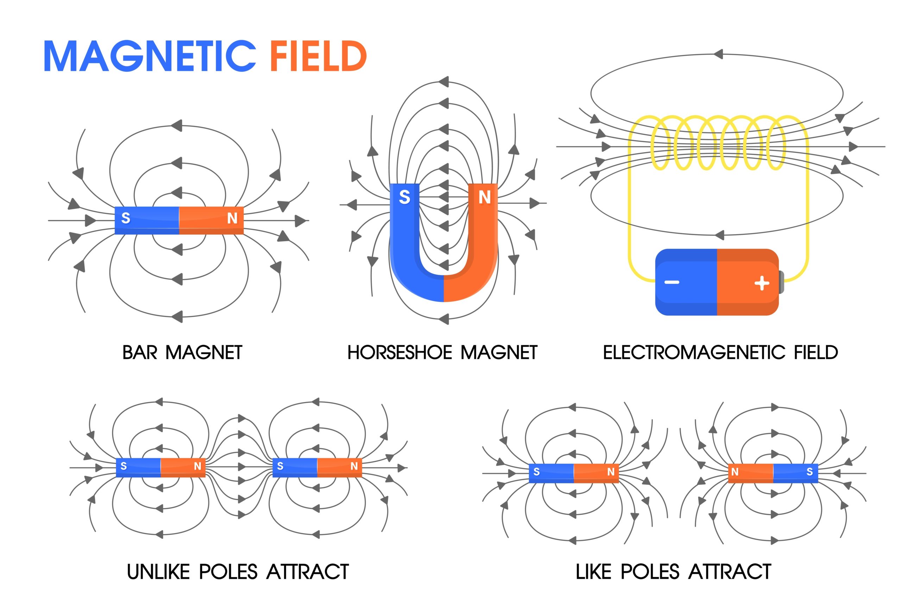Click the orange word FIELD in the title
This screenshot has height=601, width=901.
pos(318,56)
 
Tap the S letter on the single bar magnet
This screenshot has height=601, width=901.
pos(126,218)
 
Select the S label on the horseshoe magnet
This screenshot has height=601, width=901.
pos(404,198)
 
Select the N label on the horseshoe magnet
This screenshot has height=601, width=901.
pos(485,198)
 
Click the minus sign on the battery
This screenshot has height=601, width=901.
pos(672,282)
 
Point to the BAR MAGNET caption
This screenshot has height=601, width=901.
pos(182,353)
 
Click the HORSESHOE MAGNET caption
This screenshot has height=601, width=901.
pos(442,353)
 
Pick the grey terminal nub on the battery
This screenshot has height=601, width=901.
pos(781,282)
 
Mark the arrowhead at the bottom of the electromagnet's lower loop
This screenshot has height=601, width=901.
pos(719,235)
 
